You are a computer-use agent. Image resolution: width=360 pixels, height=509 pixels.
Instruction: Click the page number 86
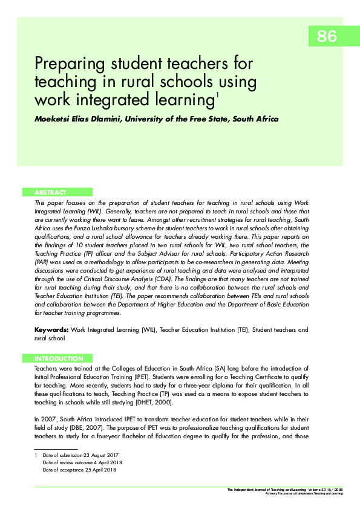pyautogui.click(x=326, y=36)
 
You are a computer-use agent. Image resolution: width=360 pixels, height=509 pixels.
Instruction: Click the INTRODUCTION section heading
pyautogui.click(x=59, y=358)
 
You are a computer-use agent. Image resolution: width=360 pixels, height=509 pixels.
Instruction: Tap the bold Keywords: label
pyautogui.click(x=52, y=330)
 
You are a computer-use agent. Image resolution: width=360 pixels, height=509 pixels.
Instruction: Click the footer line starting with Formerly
pyautogui.click(x=304, y=493)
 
